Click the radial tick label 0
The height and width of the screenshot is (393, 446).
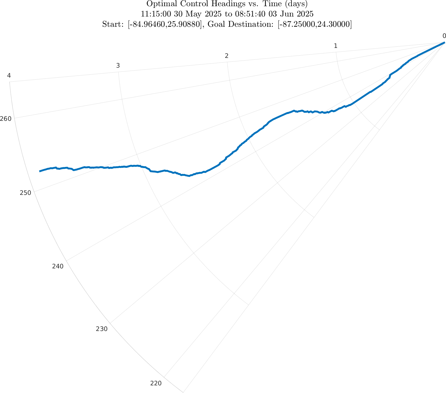coord(444,36)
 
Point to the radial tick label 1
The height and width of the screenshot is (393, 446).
coord(335,46)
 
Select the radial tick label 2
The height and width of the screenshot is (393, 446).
coord(227,56)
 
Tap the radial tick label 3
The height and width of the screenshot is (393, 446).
coord(118,66)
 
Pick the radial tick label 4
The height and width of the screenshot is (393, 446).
coord(9,76)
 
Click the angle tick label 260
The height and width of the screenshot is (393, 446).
coord(6,119)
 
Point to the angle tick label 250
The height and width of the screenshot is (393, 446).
coord(25,193)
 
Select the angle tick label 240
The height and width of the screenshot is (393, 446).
coord(58,266)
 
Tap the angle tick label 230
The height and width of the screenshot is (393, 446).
coord(102,329)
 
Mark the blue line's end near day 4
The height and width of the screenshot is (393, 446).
coord(40,171)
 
